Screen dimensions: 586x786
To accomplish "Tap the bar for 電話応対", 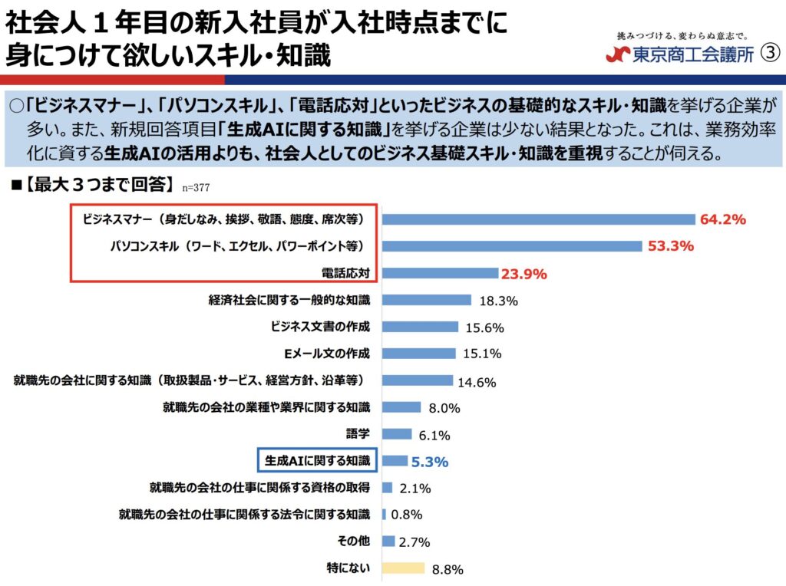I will [440, 273].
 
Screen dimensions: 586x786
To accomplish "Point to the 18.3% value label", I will [497, 301].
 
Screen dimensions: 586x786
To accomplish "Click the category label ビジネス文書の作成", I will [320, 327].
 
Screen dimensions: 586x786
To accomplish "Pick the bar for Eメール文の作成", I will [421, 354].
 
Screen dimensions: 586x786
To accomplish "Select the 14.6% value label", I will [477, 382].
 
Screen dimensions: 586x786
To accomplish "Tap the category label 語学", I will [358, 433].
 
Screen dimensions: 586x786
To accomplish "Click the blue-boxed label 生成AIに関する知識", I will [317, 460].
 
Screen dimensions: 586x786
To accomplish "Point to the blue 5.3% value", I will [430, 462].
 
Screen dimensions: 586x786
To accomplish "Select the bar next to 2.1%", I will [388, 488].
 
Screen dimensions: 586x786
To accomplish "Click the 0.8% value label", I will [407, 515].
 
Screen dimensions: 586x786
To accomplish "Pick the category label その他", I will [354, 541].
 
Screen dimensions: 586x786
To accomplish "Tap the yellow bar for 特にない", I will [403, 568].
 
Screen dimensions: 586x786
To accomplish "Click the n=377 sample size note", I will [196, 186].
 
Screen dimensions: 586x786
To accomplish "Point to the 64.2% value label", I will [722, 219].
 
